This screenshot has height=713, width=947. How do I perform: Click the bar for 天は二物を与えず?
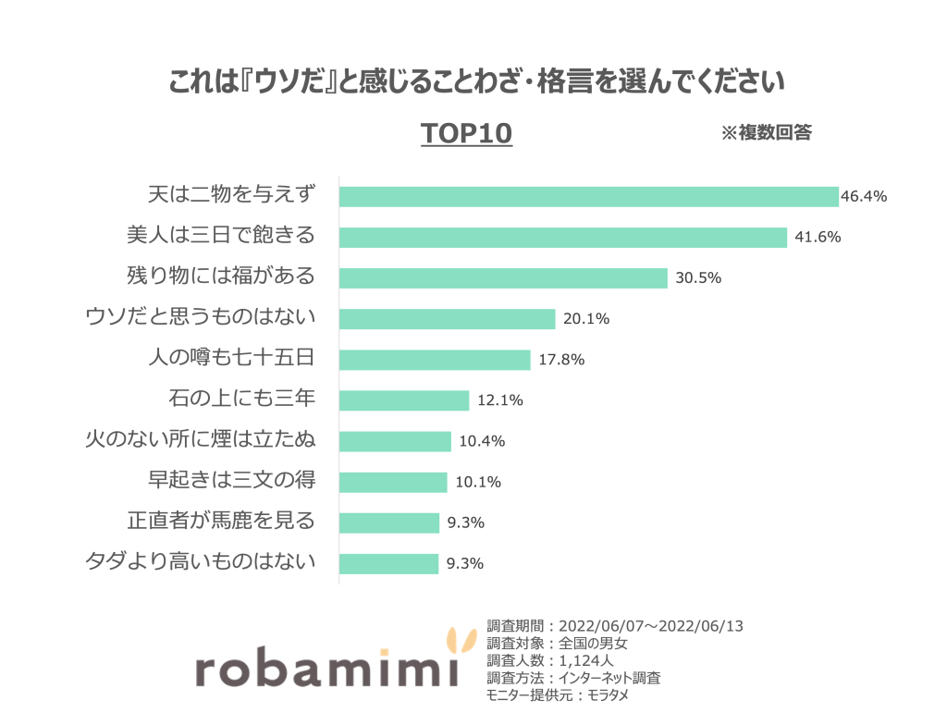click(588, 196)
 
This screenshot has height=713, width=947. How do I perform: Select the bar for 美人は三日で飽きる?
click(562, 237)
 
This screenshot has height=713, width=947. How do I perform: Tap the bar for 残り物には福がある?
click(503, 277)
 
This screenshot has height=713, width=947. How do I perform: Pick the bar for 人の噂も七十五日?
click(435, 360)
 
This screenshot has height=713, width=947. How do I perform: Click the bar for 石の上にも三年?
click(404, 400)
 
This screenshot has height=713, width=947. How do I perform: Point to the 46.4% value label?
click(864, 196)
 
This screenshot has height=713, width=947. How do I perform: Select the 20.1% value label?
click(586, 319)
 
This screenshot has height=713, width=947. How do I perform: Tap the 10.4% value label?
click(482, 441)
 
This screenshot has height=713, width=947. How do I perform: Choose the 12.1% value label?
click(500, 400)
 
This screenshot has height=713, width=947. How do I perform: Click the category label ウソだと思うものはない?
click(201, 318)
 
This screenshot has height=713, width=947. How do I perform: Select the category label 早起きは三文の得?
click(232, 481)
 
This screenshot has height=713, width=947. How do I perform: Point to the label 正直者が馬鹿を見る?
click(221, 522)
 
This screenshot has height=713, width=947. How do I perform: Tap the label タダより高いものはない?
click(201, 562)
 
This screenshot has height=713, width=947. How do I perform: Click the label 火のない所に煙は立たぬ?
click(201, 440)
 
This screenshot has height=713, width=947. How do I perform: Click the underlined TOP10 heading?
click(466, 134)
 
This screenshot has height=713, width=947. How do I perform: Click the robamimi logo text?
click(327, 669)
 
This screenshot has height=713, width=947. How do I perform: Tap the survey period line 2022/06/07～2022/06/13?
click(615, 626)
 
